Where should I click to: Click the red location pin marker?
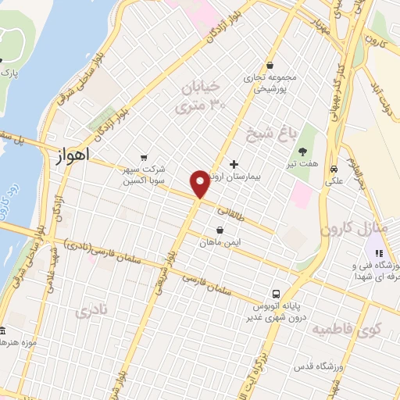(200, 184)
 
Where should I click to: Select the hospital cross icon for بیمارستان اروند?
(234, 164)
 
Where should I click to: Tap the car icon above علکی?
(334, 168)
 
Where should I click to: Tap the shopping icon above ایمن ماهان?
(220, 230)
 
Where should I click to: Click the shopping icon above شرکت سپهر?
(142, 156)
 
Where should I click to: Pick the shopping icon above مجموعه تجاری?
(270, 66)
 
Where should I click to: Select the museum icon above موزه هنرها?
(2, 331)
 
